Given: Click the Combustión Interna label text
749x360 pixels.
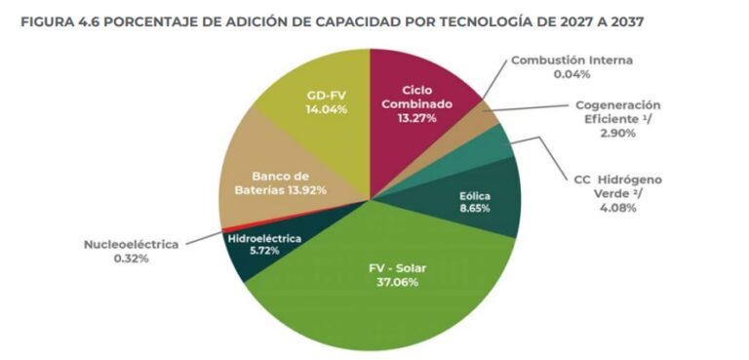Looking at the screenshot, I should [572, 60].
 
